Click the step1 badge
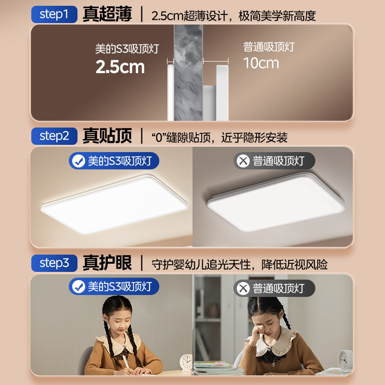(54, 14)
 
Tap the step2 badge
(54, 136)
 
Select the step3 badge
(54, 263)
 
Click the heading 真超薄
(107, 14)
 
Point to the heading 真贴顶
(107, 136)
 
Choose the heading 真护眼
(107, 263)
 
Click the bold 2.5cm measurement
(120, 67)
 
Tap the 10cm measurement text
(261, 63)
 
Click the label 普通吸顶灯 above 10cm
(269, 47)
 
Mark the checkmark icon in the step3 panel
(78, 288)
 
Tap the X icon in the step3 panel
(244, 289)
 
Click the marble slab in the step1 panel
(188, 72)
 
